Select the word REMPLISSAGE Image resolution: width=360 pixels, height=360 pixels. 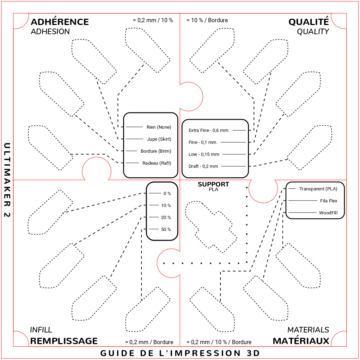64,341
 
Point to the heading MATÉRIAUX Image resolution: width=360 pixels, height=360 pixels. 301,341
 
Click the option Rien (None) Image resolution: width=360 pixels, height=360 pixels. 159,127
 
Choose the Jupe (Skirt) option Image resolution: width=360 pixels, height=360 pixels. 159,139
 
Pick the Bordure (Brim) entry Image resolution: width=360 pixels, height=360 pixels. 156,151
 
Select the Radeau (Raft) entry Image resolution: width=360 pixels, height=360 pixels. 157,163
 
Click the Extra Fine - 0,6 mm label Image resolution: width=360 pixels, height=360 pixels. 208,130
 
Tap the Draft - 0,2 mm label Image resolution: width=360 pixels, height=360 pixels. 203,166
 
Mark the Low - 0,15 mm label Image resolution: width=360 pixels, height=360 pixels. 204,154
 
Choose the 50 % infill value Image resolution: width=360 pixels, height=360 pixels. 166,229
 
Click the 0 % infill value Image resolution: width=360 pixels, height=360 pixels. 167,194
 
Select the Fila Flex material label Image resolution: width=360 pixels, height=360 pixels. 329,201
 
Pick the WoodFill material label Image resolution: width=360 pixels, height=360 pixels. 328,213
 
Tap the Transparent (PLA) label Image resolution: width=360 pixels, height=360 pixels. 318,189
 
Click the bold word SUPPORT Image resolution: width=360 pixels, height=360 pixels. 214,184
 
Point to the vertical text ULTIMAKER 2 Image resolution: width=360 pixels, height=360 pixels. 7,180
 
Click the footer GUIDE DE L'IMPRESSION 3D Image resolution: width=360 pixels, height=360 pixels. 180,353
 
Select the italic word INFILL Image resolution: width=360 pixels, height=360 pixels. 41,330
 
